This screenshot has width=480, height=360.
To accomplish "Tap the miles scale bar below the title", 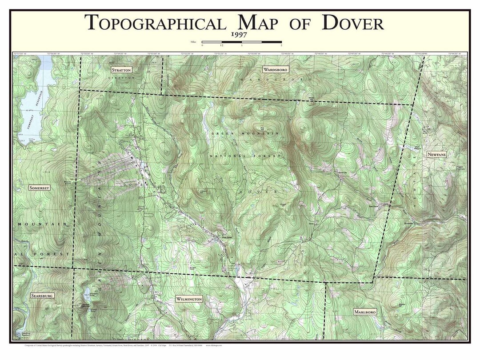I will tap(242, 42).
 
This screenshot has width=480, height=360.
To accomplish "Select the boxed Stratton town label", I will tap(121, 70).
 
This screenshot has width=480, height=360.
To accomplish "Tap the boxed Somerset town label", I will tap(39, 188).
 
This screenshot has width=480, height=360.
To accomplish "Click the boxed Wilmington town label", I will tap(189, 299).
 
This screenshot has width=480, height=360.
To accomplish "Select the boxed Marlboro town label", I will tap(365, 312).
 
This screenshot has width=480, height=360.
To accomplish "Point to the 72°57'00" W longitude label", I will tap(20, 54).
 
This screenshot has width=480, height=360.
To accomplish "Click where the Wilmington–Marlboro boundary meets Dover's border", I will tap(326, 282).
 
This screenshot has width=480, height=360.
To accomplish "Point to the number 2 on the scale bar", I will tap(281, 45).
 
